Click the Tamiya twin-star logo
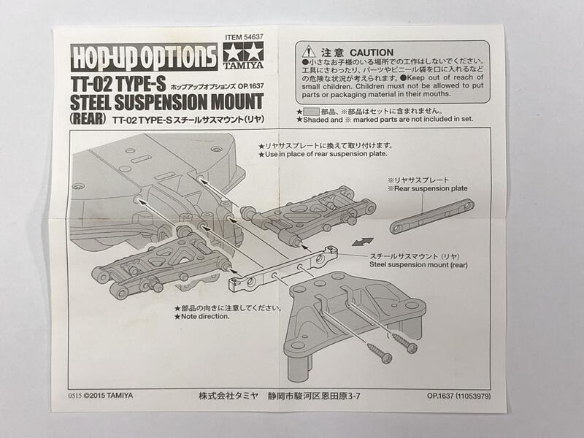click(243, 55)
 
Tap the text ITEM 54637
click(244, 37)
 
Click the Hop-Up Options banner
click(144, 57)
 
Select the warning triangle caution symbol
click(309, 52)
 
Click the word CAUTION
click(372, 53)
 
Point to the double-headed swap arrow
click(362, 242)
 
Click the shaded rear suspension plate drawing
click(431, 216)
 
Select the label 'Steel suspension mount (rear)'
click(418, 265)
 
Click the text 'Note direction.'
click(202, 317)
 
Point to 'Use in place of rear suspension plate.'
click(323, 154)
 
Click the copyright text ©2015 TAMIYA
click(108, 396)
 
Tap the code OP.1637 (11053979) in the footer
click(459, 396)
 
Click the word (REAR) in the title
click(88, 118)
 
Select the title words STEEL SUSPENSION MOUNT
click(167, 102)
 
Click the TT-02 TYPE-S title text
click(118, 84)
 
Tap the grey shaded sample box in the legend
click(312, 112)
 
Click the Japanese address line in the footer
click(280, 396)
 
